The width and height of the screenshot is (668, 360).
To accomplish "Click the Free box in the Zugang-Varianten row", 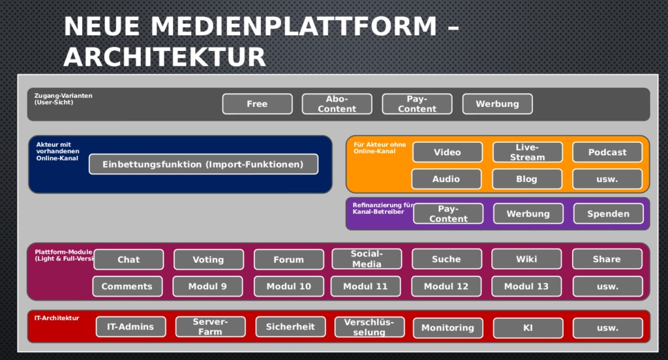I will (x=257, y=104).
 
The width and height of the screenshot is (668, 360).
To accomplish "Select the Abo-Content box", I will (x=337, y=104).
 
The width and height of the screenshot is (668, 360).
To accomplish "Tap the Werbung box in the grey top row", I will (x=497, y=104).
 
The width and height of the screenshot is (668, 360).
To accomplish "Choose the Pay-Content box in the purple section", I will (x=448, y=213).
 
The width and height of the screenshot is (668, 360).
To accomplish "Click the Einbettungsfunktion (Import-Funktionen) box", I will (x=203, y=164).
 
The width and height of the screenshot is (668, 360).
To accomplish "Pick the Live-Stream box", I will (x=527, y=152).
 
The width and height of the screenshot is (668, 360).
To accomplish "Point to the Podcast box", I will (x=607, y=152).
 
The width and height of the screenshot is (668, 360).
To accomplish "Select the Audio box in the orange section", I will (x=446, y=179).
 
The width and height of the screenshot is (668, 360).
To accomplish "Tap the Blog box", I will (x=526, y=179).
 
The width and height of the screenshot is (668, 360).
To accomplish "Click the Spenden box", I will (x=608, y=213).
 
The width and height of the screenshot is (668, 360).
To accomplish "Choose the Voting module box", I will (x=208, y=259).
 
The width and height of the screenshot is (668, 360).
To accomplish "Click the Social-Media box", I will (x=367, y=259).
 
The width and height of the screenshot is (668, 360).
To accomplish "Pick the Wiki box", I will (x=526, y=259).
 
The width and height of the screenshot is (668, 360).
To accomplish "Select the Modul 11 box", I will (x=365, y=286).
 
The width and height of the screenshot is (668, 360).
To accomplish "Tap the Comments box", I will (x=127, y=286).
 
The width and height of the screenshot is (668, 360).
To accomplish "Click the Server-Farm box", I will (x=210, y=327).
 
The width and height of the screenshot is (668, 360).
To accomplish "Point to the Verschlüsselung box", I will (x=369, y=327).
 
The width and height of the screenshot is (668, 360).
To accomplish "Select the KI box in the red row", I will (x=528, y=327).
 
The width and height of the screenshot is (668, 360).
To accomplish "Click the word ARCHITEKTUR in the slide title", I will (x=164, y=57).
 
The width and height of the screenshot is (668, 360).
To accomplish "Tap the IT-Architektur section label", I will (x=57, y=318).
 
